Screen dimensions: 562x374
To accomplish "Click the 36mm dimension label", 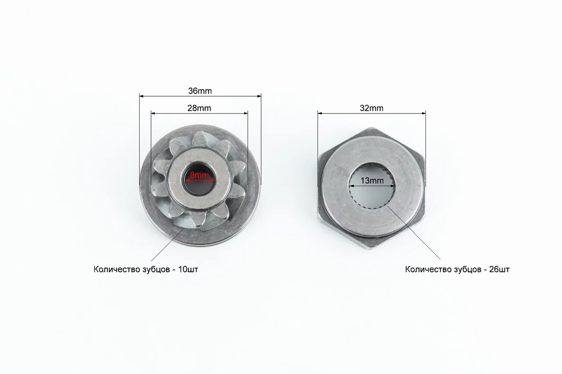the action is tap(200, 91).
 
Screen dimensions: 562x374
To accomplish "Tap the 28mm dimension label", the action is tap(199, 108).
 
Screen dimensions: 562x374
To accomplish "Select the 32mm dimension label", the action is tap(371, 108).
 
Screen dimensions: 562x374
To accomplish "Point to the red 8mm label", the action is tap(199, 175).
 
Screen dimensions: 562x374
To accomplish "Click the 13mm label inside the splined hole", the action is tap(372, 181).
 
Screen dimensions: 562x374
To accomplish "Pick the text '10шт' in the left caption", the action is tap(188, 269).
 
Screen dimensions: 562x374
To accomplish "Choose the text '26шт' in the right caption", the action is tap(499, 269).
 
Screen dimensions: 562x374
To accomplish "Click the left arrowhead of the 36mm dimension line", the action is tap(141, 96).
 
